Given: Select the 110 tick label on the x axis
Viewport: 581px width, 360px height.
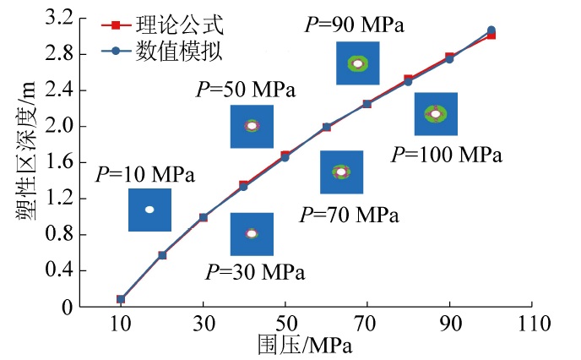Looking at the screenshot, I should pos(532,324).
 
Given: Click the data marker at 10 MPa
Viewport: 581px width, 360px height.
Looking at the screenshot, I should pos(121,299).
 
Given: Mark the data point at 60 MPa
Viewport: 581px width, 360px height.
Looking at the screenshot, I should pos(326,128).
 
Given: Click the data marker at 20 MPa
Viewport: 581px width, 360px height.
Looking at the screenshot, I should pos(162,254).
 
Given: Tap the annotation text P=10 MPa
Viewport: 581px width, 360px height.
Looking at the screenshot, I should pos(144,176).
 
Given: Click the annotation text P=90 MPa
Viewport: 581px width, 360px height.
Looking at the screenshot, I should pos(354,24).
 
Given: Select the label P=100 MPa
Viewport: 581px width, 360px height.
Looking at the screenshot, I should pos(447,155).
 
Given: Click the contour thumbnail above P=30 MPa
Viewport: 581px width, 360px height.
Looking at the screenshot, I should pos(252,234).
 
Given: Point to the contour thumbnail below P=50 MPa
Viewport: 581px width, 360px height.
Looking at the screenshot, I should pos(252,127).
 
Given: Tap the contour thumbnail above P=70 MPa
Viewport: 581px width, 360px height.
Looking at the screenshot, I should pos(341,172).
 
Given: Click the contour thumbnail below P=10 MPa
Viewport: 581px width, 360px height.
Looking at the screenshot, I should pos(149,210).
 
